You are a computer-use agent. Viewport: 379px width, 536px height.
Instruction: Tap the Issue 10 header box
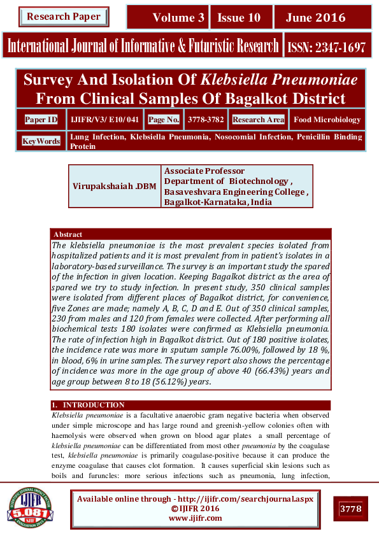coord(239,18)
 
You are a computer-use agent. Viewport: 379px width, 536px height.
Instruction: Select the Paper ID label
coord(41,120)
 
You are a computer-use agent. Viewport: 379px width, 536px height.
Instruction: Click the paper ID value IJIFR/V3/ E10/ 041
coord(104,120)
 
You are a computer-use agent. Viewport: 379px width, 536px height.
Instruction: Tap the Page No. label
coord(164,120)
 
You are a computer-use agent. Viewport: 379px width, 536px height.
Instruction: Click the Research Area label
coord(258,120)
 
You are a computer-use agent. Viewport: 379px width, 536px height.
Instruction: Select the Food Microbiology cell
coord(327,120)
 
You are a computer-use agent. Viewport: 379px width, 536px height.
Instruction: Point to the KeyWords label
coord(41,141)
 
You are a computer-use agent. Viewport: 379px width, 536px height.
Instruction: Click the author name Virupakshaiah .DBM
coord(115,186)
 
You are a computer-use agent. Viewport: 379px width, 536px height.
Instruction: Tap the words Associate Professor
coord(204,171)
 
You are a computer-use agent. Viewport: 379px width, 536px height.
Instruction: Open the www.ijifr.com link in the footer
coord(195,518)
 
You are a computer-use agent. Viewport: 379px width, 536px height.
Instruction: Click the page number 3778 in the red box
coord(350,509)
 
